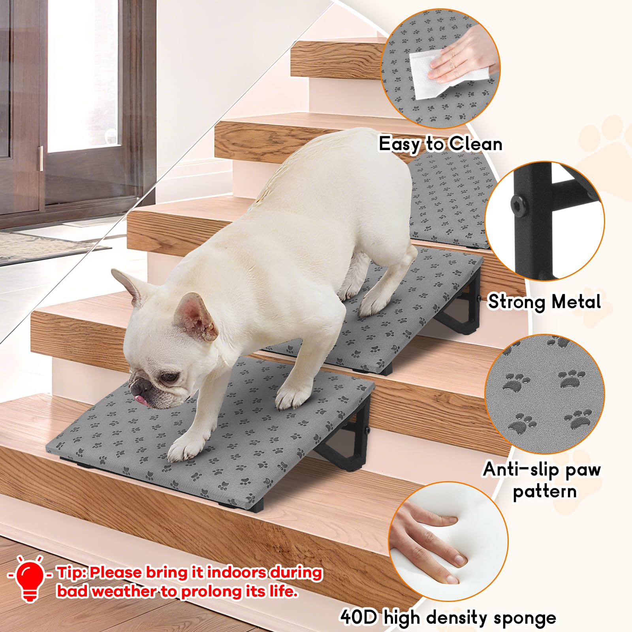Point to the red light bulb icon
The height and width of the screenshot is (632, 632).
[x=31, y=576]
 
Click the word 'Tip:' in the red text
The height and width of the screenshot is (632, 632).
[x=71, y=573]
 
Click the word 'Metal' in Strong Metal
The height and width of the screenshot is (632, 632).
[x=576, y=302]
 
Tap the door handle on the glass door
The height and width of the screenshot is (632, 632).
[x=41, y=158]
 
